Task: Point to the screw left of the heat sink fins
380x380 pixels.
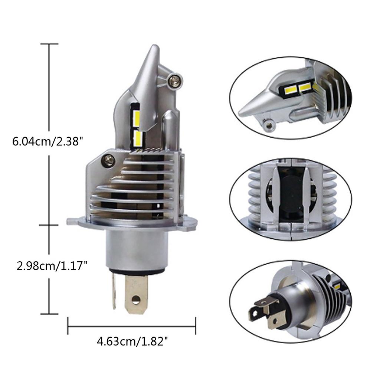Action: (108, 160)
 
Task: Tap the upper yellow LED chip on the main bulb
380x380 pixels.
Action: (136, 116)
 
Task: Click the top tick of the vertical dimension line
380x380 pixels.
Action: (49, 44)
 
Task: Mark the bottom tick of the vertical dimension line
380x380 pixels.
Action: (49, 314)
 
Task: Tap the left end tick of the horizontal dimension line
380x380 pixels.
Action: (68, 326)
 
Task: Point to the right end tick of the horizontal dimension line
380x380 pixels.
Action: (196, 326)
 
